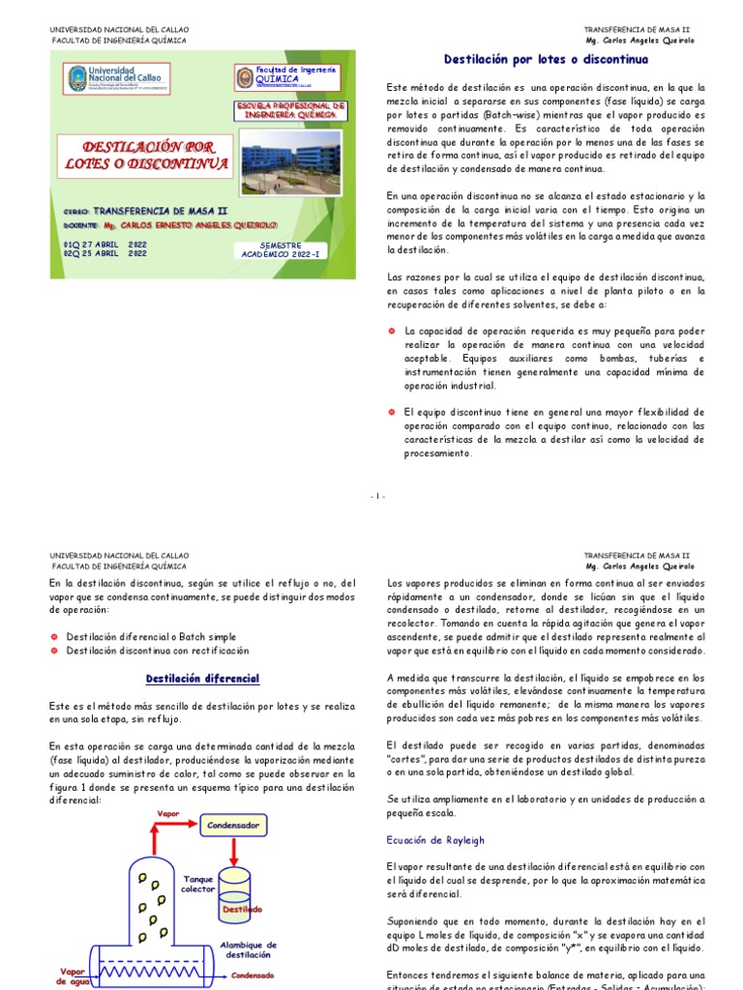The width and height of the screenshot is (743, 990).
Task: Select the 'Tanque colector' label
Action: click(198, 884)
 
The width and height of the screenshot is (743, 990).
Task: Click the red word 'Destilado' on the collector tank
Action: click(242, 910)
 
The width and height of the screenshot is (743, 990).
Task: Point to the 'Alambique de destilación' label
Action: click(249, 949)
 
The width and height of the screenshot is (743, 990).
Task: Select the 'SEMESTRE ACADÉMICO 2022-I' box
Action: click(281, 251)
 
